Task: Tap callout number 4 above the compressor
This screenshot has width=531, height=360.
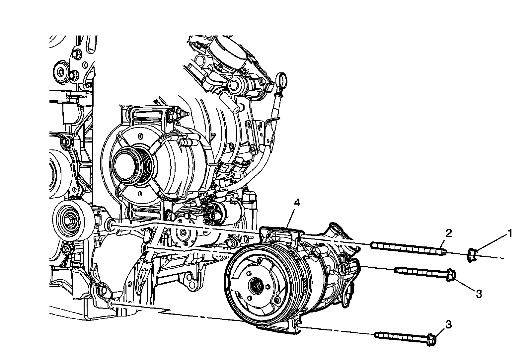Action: point(296,203)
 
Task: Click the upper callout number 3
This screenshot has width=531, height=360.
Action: point(479,294)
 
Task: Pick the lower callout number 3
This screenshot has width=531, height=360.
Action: point(449,324)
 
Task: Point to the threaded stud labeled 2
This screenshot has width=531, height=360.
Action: point(409,248)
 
